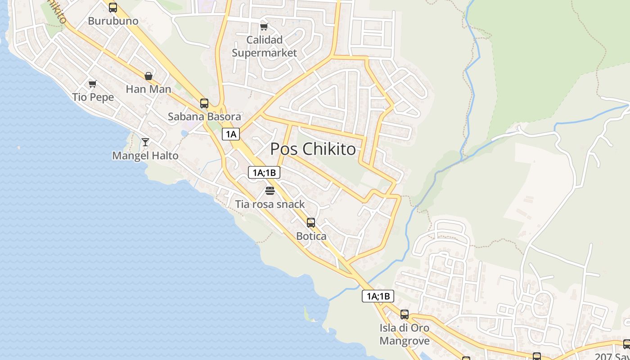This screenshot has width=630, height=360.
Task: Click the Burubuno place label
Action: (113, 21)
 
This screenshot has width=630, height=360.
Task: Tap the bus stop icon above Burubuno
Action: (113, 7)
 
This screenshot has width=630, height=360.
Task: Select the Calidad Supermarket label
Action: (264, 46)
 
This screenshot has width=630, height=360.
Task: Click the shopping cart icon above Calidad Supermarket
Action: (264, 27)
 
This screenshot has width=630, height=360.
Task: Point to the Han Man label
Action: (148, 89)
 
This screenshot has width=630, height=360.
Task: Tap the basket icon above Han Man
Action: (148, 76)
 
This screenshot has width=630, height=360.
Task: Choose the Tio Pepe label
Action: (93, 97)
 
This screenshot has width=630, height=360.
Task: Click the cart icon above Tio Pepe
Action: (93, 84)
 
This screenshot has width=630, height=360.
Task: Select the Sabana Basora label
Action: (204, 117)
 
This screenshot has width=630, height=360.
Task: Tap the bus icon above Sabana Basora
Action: (204, 103)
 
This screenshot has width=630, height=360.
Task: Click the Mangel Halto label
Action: (145, 156)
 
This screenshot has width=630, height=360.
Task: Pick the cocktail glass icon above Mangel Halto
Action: (145, 142)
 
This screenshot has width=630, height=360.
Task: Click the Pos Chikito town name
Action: (313, 149)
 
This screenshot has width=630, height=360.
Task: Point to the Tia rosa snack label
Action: (270, 204)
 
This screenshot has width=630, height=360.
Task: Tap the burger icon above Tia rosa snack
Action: (270, 191)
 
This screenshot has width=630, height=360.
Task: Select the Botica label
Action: (311, 236)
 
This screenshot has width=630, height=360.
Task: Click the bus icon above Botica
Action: (311, 222)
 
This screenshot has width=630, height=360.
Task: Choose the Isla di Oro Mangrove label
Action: (405, 334)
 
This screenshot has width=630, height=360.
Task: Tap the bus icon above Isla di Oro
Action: (405, 315)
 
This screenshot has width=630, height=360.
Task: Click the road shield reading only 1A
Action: (231, 134)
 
